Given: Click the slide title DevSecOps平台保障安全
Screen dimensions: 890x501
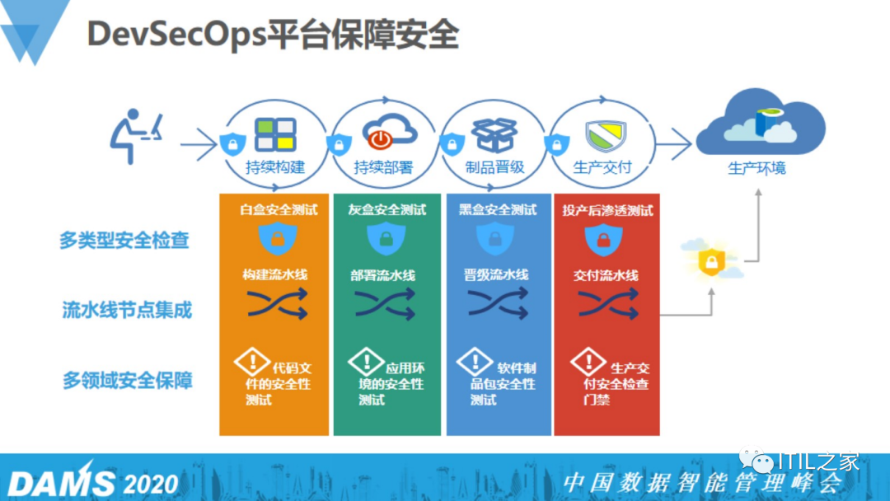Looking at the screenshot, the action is (x=272, y=35).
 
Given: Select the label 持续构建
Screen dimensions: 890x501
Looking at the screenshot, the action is (x=275, y=167).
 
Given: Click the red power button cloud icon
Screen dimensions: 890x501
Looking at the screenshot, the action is (x=384, y=133).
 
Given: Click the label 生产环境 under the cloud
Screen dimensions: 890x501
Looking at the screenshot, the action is (x=756, y=168).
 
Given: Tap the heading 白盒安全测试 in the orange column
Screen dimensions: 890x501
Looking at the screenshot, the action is (x=279, y=209).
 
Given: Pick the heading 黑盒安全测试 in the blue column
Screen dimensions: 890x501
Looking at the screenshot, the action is (x=498, y=209).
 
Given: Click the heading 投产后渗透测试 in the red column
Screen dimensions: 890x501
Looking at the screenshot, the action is (x=607, y=209).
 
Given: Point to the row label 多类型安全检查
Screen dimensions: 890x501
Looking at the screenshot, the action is (x=124, y=240).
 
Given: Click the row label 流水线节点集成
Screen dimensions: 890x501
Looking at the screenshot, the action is (x=127, y=310).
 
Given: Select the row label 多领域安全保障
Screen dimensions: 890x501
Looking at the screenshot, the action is (x=127, y=381).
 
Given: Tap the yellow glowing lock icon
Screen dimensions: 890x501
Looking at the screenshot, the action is (x=710, y=262).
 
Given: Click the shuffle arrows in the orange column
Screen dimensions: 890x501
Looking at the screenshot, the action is (x=277, y=306).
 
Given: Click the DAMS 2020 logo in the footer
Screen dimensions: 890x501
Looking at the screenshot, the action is (x=92, y=481).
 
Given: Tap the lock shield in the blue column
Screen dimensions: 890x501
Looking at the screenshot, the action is (x=494, y=239).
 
